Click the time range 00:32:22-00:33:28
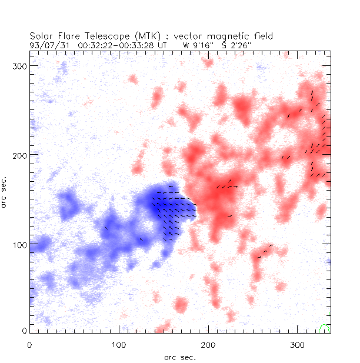(117, 44)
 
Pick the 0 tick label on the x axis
(29, 344)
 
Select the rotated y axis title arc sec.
(6, 192)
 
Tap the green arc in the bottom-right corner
(324, 328)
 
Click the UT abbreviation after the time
(163, 44)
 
